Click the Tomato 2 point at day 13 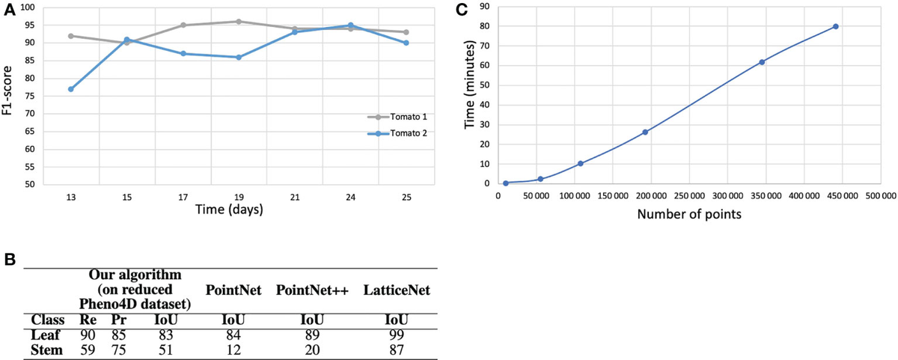[x=70, y=89]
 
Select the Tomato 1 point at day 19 [x=239, y=22]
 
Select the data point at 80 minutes [x=835, y=26]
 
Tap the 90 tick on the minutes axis [x=484, y=7]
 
